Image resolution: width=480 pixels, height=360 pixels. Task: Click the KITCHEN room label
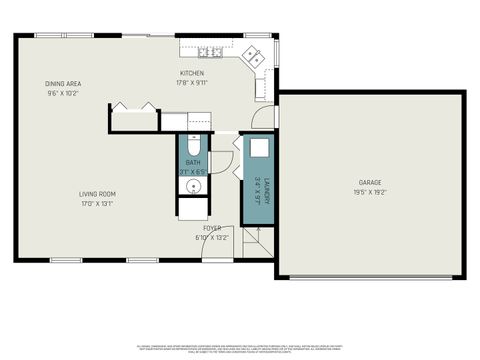192,74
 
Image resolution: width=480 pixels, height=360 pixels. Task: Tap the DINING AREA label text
62,83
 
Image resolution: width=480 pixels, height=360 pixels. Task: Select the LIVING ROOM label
97,194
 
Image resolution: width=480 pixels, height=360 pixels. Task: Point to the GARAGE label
370,183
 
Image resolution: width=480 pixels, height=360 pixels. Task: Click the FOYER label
212,228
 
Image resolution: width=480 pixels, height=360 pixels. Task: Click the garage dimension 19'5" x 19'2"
370,193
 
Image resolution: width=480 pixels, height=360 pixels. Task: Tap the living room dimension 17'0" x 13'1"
97,204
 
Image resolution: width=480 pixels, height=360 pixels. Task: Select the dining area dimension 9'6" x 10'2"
62,93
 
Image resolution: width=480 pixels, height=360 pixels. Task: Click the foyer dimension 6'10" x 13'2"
212,238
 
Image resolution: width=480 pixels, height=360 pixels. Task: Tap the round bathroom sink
192,186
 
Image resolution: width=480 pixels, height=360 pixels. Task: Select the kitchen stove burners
209,52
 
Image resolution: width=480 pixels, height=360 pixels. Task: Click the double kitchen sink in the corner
255,58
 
